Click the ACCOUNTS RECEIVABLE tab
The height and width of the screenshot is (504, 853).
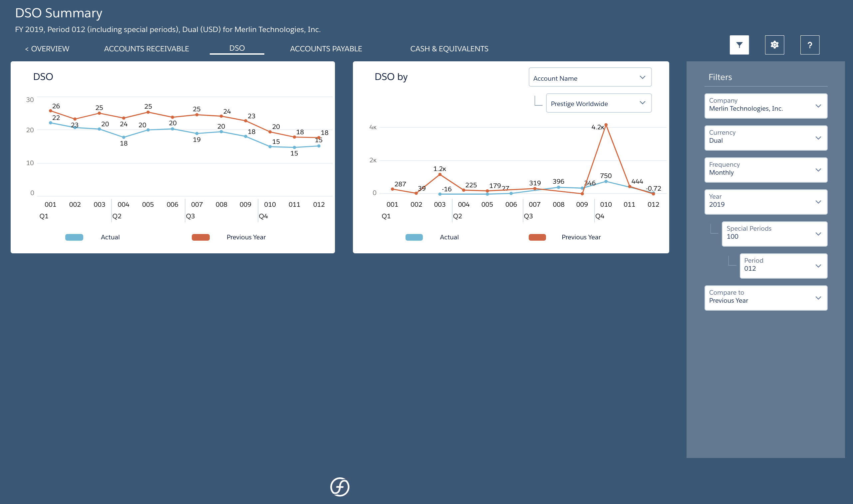(x=146, y=49)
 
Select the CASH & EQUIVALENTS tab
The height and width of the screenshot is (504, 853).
(x=449, y=49)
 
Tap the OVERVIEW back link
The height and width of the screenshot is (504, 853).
(x=47, y=49)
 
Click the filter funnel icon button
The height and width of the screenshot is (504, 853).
(x=739, y=45)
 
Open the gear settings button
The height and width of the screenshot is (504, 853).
(x=774, y=45)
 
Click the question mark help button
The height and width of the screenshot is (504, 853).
(x=810, y=45)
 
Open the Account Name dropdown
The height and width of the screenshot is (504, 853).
(x=589, y=78)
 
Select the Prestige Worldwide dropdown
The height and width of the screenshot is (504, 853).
(x=598, y=103)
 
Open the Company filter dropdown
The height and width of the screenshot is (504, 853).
(x=765, y=106)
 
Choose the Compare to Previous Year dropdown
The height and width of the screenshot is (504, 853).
(x=765, y=298)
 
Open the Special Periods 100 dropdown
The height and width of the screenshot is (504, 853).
(x=774, y=234)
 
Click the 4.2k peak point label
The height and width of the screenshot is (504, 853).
(x=597, y=127)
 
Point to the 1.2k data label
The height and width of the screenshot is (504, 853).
(x=439, y=169)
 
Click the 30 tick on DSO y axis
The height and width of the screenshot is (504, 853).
(x=30, y=100)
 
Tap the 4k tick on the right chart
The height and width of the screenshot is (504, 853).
(x=373, y=127)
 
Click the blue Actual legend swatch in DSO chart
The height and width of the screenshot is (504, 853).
(x=74, y=237)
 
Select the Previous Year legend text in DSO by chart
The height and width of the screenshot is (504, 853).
(x=581, y=237)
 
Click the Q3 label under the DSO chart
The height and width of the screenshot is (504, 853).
(x=190, y=216)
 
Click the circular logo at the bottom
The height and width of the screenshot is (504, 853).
(x=340, y=487)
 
